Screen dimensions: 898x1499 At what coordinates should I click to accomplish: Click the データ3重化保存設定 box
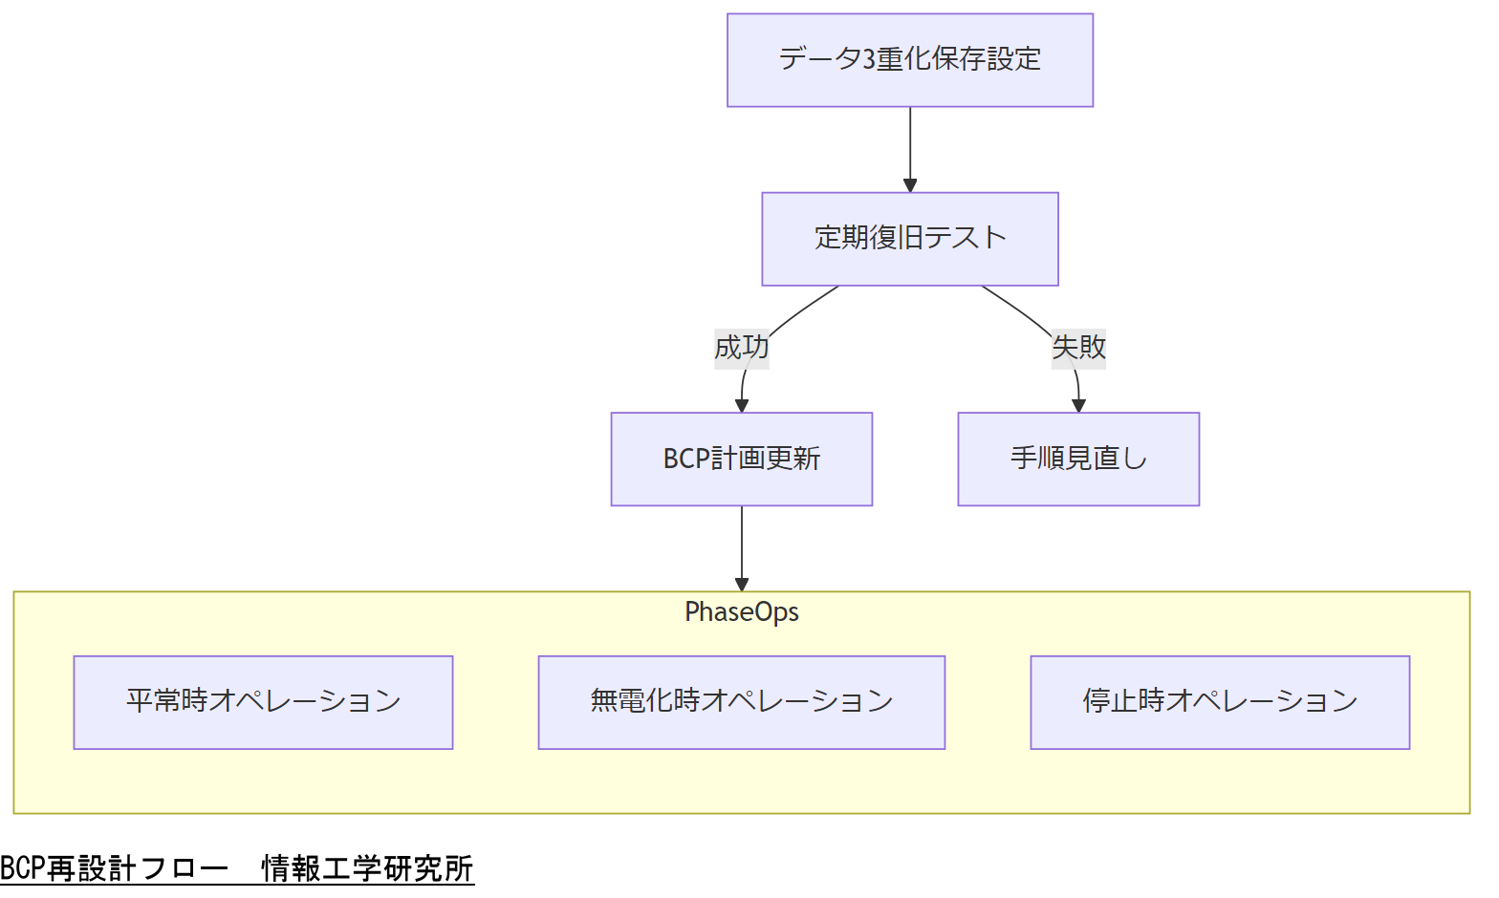pos(909,60)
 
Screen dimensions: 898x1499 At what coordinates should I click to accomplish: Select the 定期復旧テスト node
pos(909,239)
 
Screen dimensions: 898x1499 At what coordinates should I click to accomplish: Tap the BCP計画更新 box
pos(741,460)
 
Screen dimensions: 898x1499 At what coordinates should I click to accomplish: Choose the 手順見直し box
pos(1077,460)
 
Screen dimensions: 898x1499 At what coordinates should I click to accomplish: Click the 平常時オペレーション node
pos(263,702)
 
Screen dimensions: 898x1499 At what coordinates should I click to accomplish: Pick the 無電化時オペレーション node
pos(741,702)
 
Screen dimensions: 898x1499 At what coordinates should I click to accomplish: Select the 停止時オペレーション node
pos(1219,702)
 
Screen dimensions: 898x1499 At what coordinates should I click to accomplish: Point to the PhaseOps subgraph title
pos(741,612)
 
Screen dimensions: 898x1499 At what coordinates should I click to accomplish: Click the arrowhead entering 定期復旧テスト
pos(910,185)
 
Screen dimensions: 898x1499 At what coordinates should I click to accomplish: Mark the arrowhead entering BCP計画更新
pos(742,405)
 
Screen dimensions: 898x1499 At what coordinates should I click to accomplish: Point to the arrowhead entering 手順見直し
pos(1079,405)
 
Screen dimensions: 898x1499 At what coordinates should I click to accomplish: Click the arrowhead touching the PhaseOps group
pos(742,584)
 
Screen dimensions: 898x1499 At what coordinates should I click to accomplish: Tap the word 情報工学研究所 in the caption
pos(367,869)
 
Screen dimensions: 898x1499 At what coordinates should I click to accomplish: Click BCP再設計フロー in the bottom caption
pos(114,869)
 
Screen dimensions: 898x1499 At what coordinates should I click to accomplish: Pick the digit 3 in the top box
pos(869,60)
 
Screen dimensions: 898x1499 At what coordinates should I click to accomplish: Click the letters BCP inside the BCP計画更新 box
pos(685,460)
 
